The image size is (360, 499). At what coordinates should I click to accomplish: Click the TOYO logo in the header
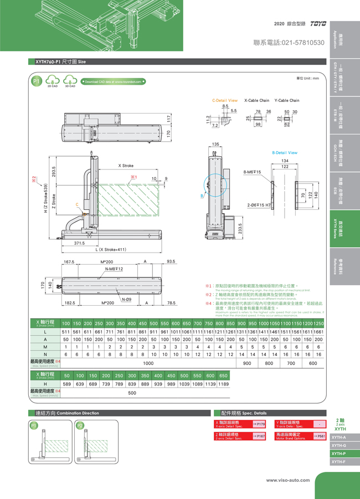[318, 24]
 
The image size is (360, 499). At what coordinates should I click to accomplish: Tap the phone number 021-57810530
[289, 43]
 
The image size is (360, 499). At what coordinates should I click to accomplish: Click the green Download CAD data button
[113, 81]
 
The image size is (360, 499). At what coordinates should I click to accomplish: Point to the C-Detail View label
[225, 101]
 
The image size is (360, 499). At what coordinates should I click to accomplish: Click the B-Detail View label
[285, 152]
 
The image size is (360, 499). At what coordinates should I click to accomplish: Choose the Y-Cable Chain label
[286, 101]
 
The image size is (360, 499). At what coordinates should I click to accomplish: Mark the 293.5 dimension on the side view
[54, 173]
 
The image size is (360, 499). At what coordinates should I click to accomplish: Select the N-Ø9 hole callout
[127, 300]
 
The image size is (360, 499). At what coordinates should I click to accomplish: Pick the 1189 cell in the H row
[223, 383]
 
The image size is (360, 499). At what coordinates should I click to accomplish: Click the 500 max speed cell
[132, 393]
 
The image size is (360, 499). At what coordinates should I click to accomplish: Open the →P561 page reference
[319, 436]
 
